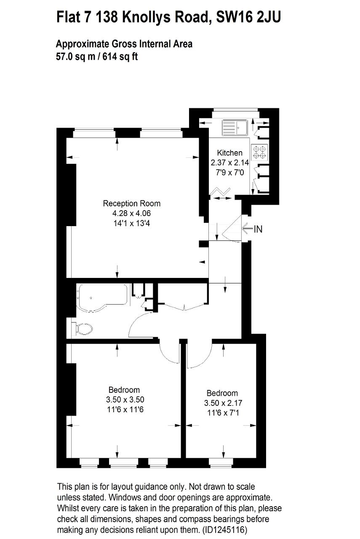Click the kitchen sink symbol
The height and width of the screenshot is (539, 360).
point(235,127)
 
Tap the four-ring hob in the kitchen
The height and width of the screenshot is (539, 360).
point(259,152)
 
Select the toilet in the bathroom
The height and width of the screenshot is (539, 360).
point(82,329)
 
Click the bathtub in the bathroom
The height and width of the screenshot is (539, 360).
point(102,298)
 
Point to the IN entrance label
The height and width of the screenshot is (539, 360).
point(258,229)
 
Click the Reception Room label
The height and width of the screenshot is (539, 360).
point(132,203)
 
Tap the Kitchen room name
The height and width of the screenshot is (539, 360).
point(229,153)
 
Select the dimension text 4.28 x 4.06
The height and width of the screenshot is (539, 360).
point(132,213)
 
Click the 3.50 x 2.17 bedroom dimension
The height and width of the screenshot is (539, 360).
point(223,403)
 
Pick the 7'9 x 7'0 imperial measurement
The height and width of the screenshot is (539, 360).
point(230,173)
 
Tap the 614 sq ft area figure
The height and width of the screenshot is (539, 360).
point(120,56)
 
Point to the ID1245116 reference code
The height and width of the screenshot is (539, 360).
point(225,530)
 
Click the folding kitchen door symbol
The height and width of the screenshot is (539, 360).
point(220,191)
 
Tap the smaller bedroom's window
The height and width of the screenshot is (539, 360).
point(221,463)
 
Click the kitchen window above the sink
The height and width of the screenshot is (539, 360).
point(235,113)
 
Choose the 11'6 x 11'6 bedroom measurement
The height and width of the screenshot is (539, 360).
point(125,409)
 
